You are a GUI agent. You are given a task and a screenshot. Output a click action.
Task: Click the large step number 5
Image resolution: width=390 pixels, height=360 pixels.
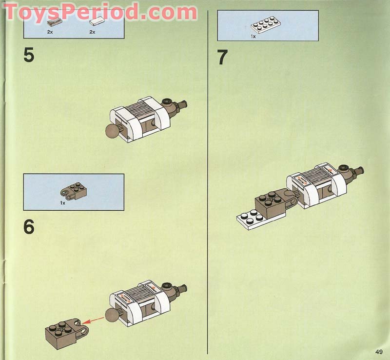pos(29,55)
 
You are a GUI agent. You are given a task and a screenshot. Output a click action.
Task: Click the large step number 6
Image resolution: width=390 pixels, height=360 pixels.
pos(29,227)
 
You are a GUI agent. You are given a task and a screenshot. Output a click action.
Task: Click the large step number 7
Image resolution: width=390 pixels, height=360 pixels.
pos(222,58)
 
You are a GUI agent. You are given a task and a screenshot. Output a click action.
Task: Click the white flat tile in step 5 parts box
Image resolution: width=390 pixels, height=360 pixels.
pos(97,21)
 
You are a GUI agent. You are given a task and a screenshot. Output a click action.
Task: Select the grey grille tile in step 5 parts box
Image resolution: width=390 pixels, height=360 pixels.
pos(53,21)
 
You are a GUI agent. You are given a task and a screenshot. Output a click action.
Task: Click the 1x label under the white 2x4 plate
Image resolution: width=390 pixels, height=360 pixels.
pos(253,37)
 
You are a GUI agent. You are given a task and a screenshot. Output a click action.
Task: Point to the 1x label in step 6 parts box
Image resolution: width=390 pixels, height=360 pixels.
pos(63,202)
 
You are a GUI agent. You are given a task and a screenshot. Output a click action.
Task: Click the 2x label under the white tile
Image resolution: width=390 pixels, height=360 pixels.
pos(92,32)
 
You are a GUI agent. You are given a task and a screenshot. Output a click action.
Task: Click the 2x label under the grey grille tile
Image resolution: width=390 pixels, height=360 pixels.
pos(50,32)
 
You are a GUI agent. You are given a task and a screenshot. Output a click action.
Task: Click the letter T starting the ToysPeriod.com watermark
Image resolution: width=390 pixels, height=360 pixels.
pos(13,12)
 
